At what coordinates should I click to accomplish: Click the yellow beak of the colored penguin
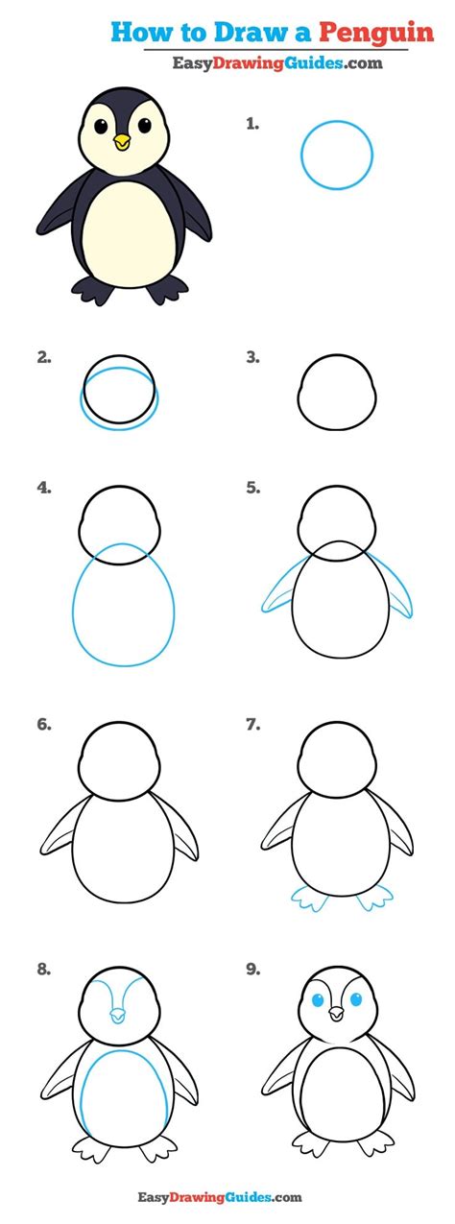tap(122, 142)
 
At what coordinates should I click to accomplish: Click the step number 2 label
tap(43, 358)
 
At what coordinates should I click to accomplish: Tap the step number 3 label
tap(252, 358)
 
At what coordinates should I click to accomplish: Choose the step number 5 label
tap(252, 488)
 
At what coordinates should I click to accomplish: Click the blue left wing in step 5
tap(277, 589)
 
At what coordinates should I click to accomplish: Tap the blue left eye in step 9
tap(318, 1000)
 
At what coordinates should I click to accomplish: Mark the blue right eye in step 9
tap(356, 1000)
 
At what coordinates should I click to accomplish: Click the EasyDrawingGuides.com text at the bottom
tap(227, 1196)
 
